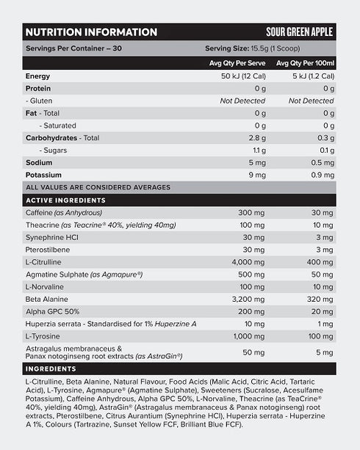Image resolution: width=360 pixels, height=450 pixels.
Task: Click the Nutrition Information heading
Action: pyautogui.click(x=91, y=32)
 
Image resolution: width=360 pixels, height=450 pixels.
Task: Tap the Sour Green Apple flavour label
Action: pyautogui.click(x=299, y=32)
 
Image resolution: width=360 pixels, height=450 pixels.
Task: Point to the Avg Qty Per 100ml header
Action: pyautogui.click(x=305, y=63)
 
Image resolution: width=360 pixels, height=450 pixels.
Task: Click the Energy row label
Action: pyautogui.click(x=37, y=76)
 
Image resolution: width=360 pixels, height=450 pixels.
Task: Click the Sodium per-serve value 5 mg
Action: pyautogui.click(x=255, y=162)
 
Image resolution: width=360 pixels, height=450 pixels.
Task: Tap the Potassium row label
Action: pyautogui.click(x=43, y=175)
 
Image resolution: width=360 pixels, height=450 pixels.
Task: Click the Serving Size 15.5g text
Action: pyautogui.click(x=269, y=49)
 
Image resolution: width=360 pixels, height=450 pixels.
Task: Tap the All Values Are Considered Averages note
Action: pyautogui.click(x=98, y=187)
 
